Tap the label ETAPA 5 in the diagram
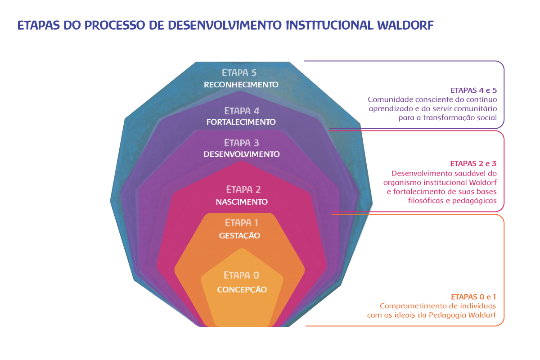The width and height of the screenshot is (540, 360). pos(239,72)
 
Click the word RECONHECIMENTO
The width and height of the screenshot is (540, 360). pos(241,85)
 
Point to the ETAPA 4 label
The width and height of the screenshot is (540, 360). pos(242,111)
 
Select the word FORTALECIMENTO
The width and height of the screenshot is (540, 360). pos(241,122)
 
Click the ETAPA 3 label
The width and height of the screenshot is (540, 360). pos(242,143)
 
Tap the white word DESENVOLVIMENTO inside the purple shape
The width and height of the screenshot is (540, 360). pos(242,154)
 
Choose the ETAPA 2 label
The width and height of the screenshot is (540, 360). pos(243,189)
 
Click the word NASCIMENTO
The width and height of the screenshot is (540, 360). pos(242,202)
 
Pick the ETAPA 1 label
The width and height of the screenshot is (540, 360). pos(242,223)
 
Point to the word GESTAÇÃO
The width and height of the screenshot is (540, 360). pos(239,235)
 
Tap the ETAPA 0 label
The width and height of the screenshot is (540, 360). pos(242,275)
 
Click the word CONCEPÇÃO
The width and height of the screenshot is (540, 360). pos(242,289)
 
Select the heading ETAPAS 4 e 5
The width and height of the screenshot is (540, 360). pos(474,90)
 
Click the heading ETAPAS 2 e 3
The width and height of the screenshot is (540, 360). pos(473,163)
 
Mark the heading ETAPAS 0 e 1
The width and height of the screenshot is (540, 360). pos(473,297)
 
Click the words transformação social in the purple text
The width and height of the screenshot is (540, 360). pos(460,117)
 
